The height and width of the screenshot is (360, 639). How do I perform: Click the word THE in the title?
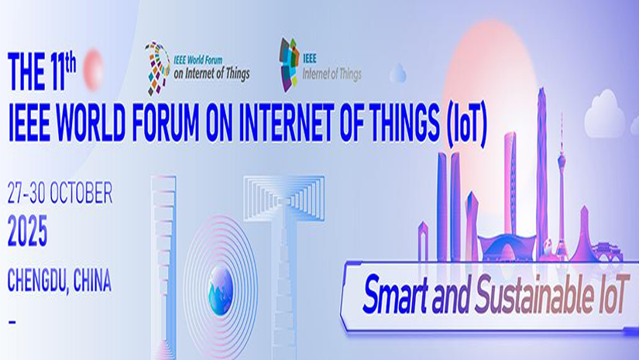point(25,72)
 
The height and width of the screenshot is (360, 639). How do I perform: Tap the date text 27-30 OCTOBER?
point(60,193)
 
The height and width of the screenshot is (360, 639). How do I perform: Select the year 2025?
point(27,231)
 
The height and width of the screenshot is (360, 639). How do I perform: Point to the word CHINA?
point(92,280)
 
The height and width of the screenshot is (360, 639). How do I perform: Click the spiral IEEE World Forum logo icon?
point(157,67)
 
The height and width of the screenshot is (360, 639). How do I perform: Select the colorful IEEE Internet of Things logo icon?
point(289,64)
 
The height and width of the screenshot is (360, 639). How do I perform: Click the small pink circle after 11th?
point(93,69)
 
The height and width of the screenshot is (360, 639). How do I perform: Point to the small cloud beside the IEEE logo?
point(398,74)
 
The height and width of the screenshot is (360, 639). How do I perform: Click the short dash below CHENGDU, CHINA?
point(12,322)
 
